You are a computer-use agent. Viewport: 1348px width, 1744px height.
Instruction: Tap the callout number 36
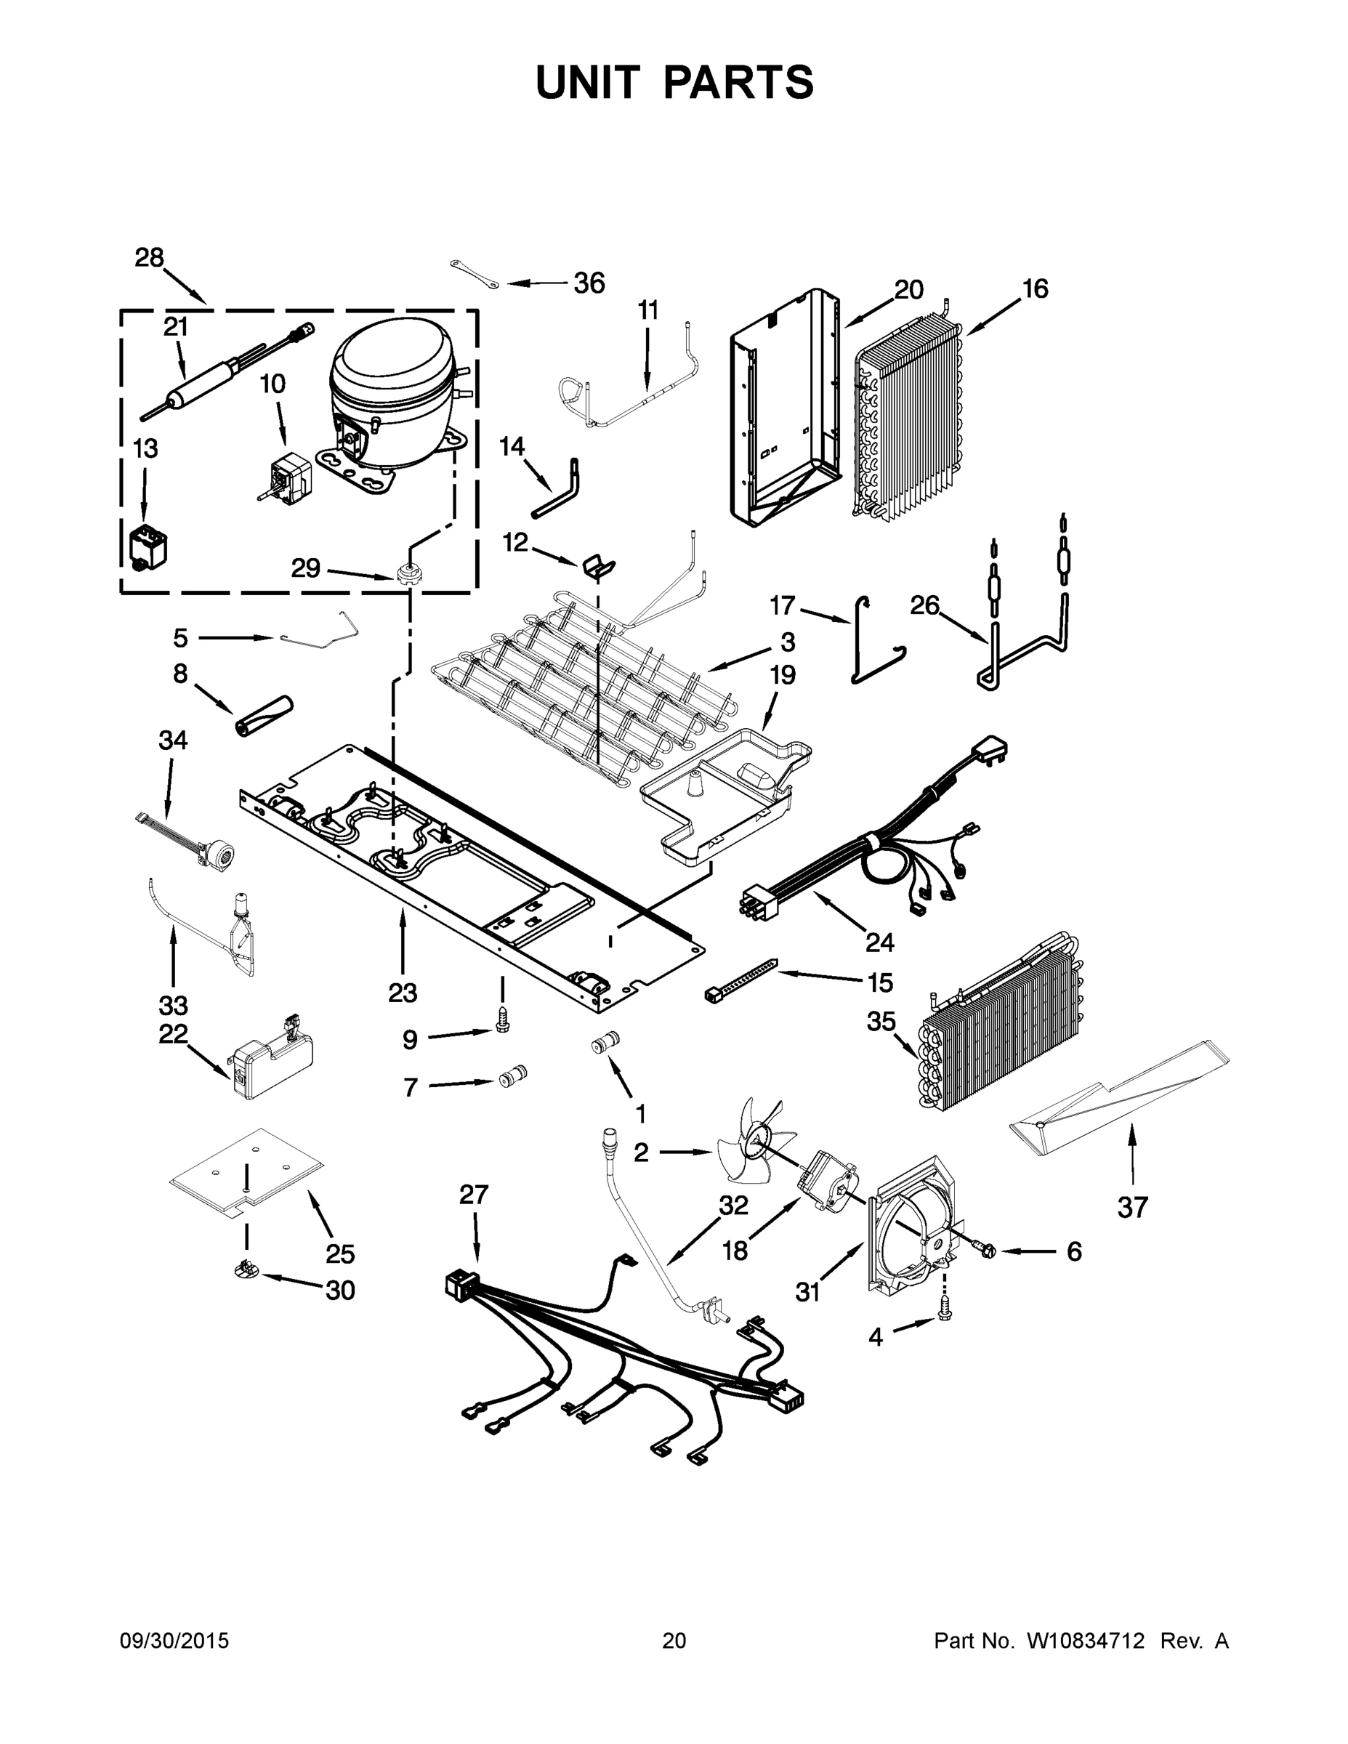click(x=589, y=283)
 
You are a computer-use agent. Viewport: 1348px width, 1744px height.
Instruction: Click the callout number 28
click(x=148, y=258)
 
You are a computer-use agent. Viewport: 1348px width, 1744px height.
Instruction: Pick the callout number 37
click(x=1132, y=1208)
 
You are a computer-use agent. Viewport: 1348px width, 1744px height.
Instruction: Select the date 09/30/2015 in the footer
click(x=174, y=1641)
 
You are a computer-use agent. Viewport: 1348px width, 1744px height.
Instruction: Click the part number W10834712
click(x=1085, y=1641)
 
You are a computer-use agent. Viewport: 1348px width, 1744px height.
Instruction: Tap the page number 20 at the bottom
click(x=674, y=1641)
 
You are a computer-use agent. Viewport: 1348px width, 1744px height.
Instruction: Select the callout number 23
click(x=403, y=993)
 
